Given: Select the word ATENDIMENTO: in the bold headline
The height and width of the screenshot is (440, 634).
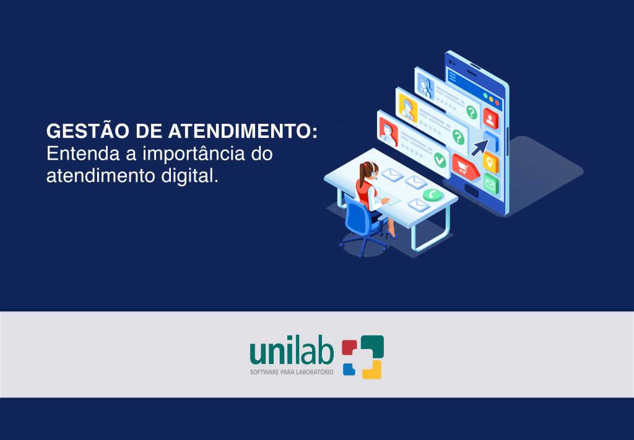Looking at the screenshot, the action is pyautogui.click(x=243, y=131).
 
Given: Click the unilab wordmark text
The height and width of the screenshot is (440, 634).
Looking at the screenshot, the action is pyautogui.click(x=292, y=352).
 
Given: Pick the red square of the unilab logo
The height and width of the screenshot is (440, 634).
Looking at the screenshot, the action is pyautogui.click(x=349, y=347).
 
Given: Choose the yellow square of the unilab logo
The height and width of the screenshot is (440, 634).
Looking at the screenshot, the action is pyautogui.click(x=372, y=369).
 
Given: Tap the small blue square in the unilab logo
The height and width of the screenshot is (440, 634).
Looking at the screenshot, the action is pyautogui.click(x=349, y=369).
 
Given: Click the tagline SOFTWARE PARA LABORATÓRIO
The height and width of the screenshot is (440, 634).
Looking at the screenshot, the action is pyautogui.click(x=292, y=372).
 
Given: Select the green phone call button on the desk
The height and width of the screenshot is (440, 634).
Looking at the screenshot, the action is pyautogui.click(x=433, y=195).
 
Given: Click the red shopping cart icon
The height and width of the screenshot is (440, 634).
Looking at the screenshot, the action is pyautogui.click(x=466, y=167).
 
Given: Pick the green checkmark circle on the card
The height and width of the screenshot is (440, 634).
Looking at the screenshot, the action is pyautogui.click(x=440, y=160).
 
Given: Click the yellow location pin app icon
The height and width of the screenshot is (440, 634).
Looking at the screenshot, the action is pyautogui.click(x=490, y=162).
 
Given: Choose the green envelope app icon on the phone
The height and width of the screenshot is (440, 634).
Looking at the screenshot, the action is pyautogui.click(x=490, y=184).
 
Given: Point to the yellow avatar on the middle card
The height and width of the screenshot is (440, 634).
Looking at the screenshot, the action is pyautogui.click(x=407, y=108).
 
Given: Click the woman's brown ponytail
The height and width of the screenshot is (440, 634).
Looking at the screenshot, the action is pyautogui.click(x=363, y=174).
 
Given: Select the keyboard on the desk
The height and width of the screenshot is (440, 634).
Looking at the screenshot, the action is pyautogui.click(x=388, y=196).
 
